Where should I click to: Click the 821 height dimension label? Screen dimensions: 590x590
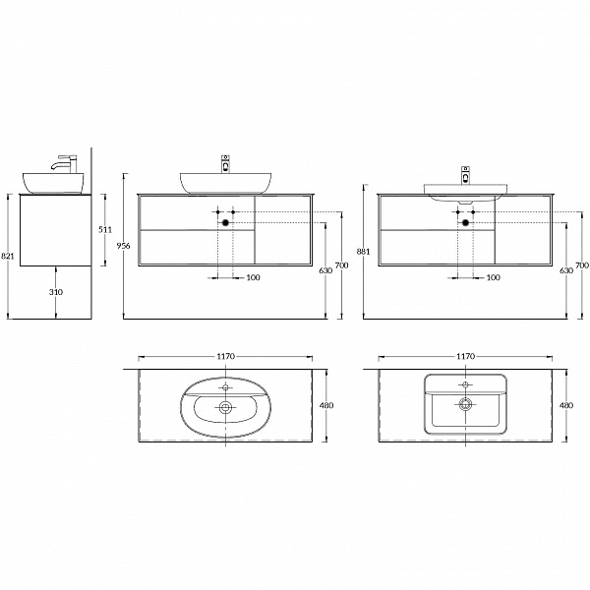8,257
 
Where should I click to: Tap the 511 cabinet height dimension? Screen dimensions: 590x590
105,229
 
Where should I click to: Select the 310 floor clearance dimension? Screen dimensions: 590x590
56,292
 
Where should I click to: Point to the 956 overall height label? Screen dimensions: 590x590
124,246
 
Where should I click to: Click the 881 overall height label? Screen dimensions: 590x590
364,252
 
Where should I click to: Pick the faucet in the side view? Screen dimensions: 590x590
66,164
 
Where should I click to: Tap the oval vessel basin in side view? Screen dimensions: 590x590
53,183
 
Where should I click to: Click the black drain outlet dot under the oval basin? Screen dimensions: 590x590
225,223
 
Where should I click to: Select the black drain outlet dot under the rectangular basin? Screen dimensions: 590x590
465,223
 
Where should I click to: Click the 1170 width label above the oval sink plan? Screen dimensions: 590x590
226,356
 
